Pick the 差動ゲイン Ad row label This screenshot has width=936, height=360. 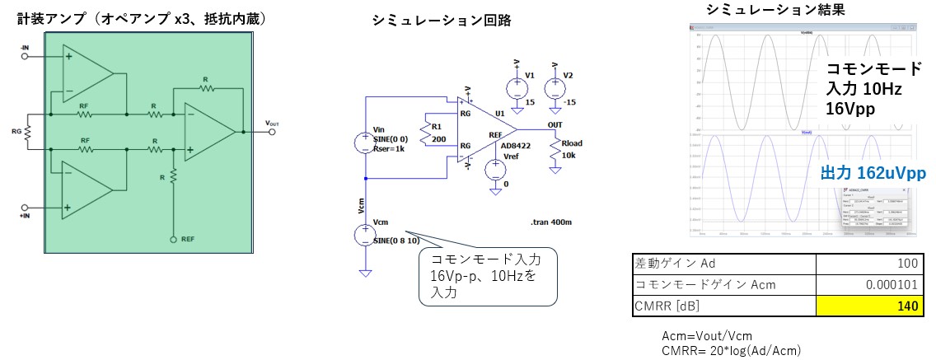tap(667, 264)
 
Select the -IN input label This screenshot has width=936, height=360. tap(25, 48)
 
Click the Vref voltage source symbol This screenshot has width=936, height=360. tap(494, 170)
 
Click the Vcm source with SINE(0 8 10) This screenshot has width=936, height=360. tap(365, 236)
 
